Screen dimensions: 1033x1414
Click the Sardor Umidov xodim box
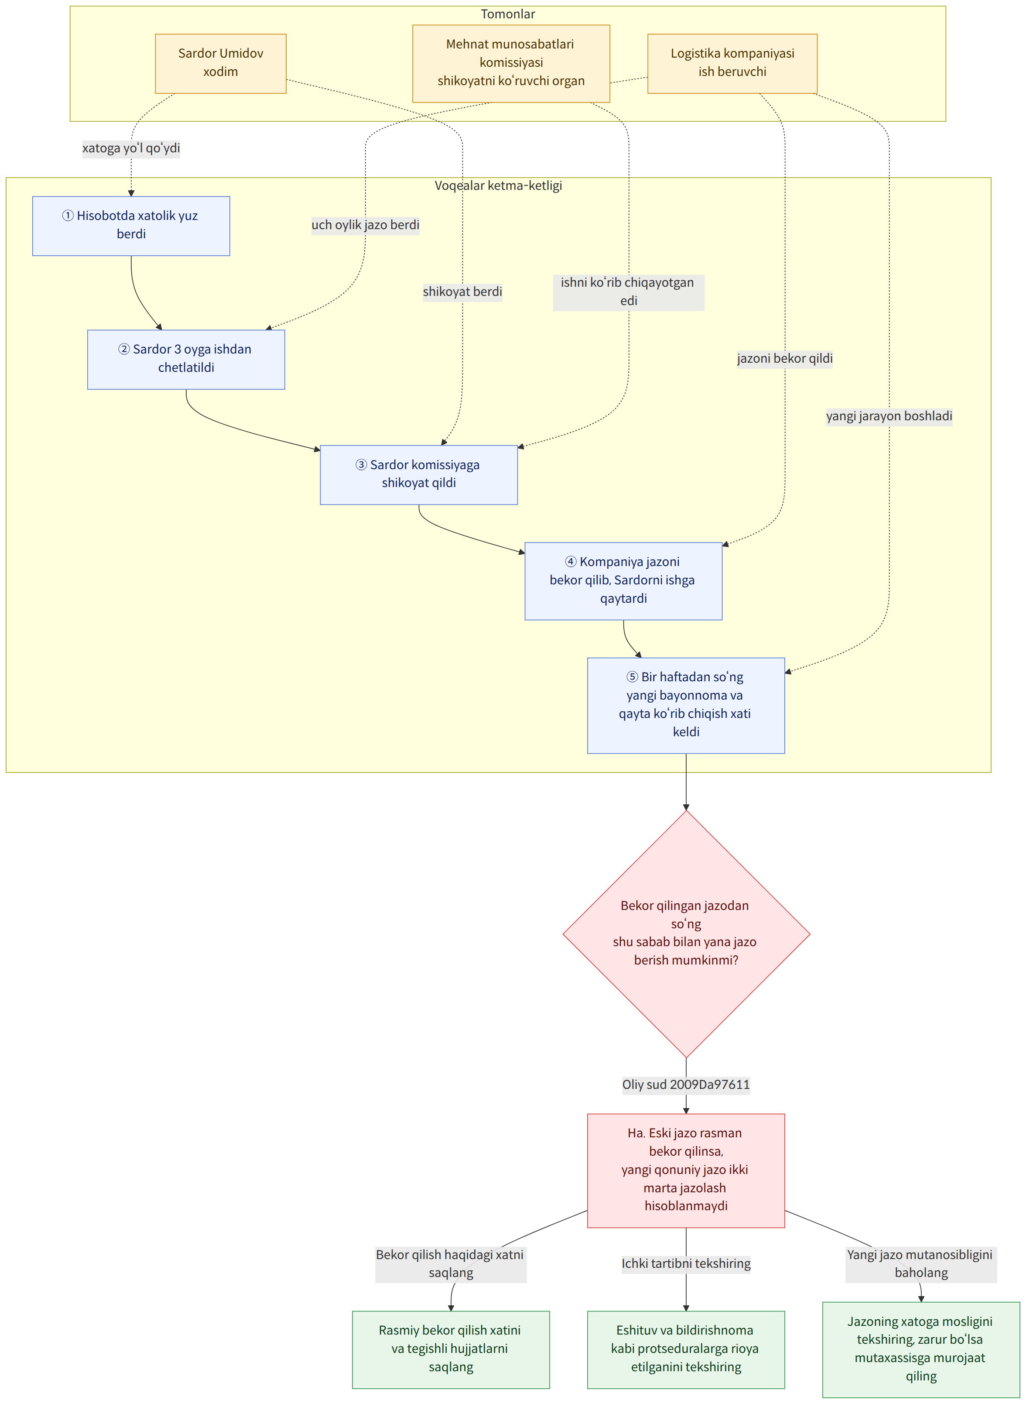pos(221,64)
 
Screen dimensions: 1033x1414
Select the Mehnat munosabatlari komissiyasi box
pos(511,64)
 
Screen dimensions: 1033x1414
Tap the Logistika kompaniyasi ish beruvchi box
pos(732,64)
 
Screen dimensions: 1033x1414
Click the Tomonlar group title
pos(508,14)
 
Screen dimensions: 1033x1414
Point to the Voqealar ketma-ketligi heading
pos(498,186)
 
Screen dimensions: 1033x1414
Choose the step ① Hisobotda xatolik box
pos(131,226)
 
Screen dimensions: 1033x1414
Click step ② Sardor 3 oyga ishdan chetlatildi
pos(186,360)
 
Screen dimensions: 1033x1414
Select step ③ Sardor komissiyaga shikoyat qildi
pos(419,475)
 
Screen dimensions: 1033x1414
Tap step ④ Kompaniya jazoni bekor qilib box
pos(623,581)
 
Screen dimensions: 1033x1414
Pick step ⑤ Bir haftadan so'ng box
pos(686,705)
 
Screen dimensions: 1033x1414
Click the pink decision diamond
pos(686,934)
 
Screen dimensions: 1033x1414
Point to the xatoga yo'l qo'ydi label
pos(131,148)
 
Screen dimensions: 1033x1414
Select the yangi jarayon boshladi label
pos(889,416)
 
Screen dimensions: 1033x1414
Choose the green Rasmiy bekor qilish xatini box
pos(451,1349)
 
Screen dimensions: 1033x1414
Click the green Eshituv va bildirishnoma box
pos(686,1349)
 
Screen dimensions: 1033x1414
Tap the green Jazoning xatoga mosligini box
pos(921,1349)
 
